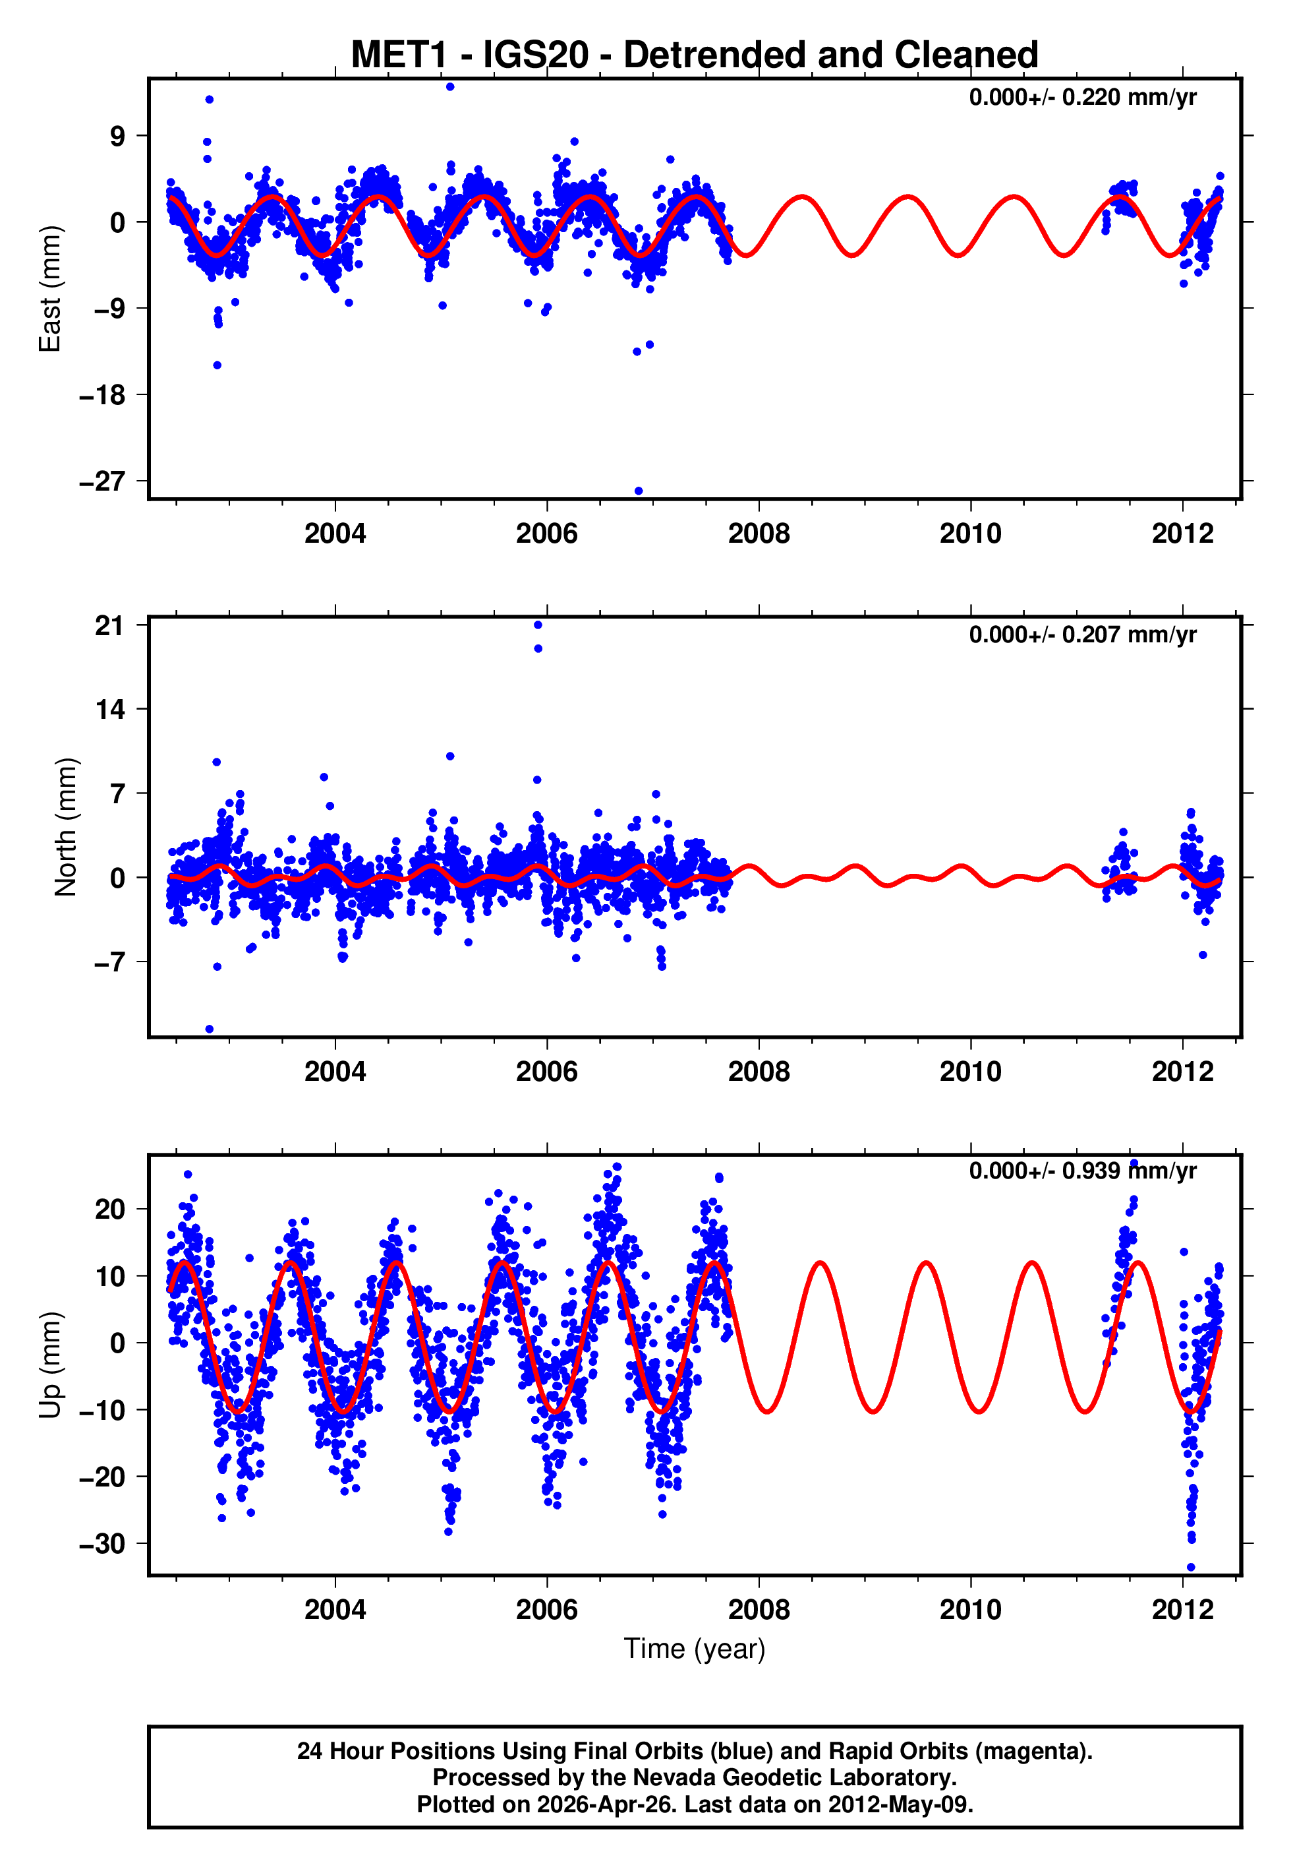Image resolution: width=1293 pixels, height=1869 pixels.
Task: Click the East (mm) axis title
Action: click(50, 289)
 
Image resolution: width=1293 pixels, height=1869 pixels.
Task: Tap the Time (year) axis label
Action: click(695, 1649)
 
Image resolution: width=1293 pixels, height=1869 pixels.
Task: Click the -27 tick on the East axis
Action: click(102, 481)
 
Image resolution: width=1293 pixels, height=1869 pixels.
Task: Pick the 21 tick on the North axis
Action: click(109, 625)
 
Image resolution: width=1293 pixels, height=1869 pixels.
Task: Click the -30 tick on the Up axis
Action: click(102, 1544)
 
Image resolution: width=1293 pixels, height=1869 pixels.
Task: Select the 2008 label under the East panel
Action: click(759, 534)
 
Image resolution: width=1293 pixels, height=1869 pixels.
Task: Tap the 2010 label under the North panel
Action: click(970, 1072)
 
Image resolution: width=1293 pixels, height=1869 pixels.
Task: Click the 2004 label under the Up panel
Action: click(335, 1610)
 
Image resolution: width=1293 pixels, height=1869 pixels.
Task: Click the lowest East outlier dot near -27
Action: click(639, 491)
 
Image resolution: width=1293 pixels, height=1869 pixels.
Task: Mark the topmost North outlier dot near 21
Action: click(538, 625)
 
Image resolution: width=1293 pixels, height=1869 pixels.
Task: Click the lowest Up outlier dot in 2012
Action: click(1190, 1568)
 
